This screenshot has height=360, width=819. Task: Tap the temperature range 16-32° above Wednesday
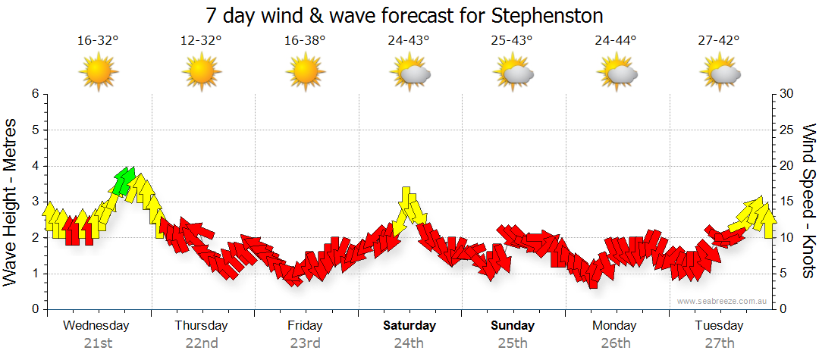[98, 41]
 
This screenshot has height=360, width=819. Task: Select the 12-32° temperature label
[202, 41]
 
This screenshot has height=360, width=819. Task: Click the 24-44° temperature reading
[616, 41]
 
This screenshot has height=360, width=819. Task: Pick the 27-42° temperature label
[719, 41]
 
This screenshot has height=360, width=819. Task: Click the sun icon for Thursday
[202, 72]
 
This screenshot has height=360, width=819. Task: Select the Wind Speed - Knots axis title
[808, 202]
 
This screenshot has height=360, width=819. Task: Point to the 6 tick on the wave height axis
[34, 94]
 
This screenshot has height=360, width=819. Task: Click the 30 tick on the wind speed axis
[787, 94]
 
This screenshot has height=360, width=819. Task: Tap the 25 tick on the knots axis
[787, 130]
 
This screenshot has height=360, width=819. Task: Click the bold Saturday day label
[409, 326]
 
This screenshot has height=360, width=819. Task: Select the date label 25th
[513, 343]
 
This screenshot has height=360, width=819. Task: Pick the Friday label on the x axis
[305, 326]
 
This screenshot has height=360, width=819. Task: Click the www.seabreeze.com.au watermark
[723, 301]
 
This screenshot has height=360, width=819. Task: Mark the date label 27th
[719, 343]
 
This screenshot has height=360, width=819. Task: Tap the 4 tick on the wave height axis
[34, 166]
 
